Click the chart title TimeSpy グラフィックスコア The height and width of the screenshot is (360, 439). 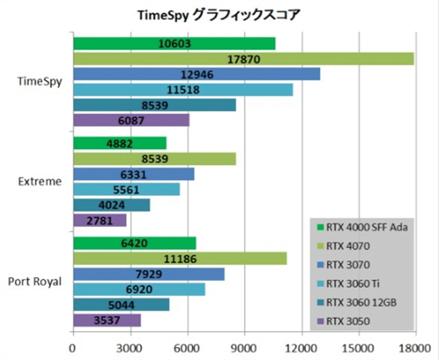point(219,14)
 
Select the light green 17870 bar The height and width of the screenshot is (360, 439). point(243,59)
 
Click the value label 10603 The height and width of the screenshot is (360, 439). point(174,44)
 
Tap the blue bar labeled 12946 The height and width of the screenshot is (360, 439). point(196,74)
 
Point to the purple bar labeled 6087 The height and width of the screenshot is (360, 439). point(131,121)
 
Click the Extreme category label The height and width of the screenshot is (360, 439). point(40,181)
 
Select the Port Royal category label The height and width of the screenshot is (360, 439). point(35,282)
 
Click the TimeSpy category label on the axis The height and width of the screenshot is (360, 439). point(39,81)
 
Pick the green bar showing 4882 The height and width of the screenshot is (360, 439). point(119,143)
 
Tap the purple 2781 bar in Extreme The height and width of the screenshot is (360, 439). point(100,220)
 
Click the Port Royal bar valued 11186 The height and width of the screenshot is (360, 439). point(180,259)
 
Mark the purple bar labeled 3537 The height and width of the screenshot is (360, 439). point(107,320)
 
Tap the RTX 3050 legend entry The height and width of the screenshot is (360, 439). point(349,320)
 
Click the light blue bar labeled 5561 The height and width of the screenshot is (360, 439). point(126,190)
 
